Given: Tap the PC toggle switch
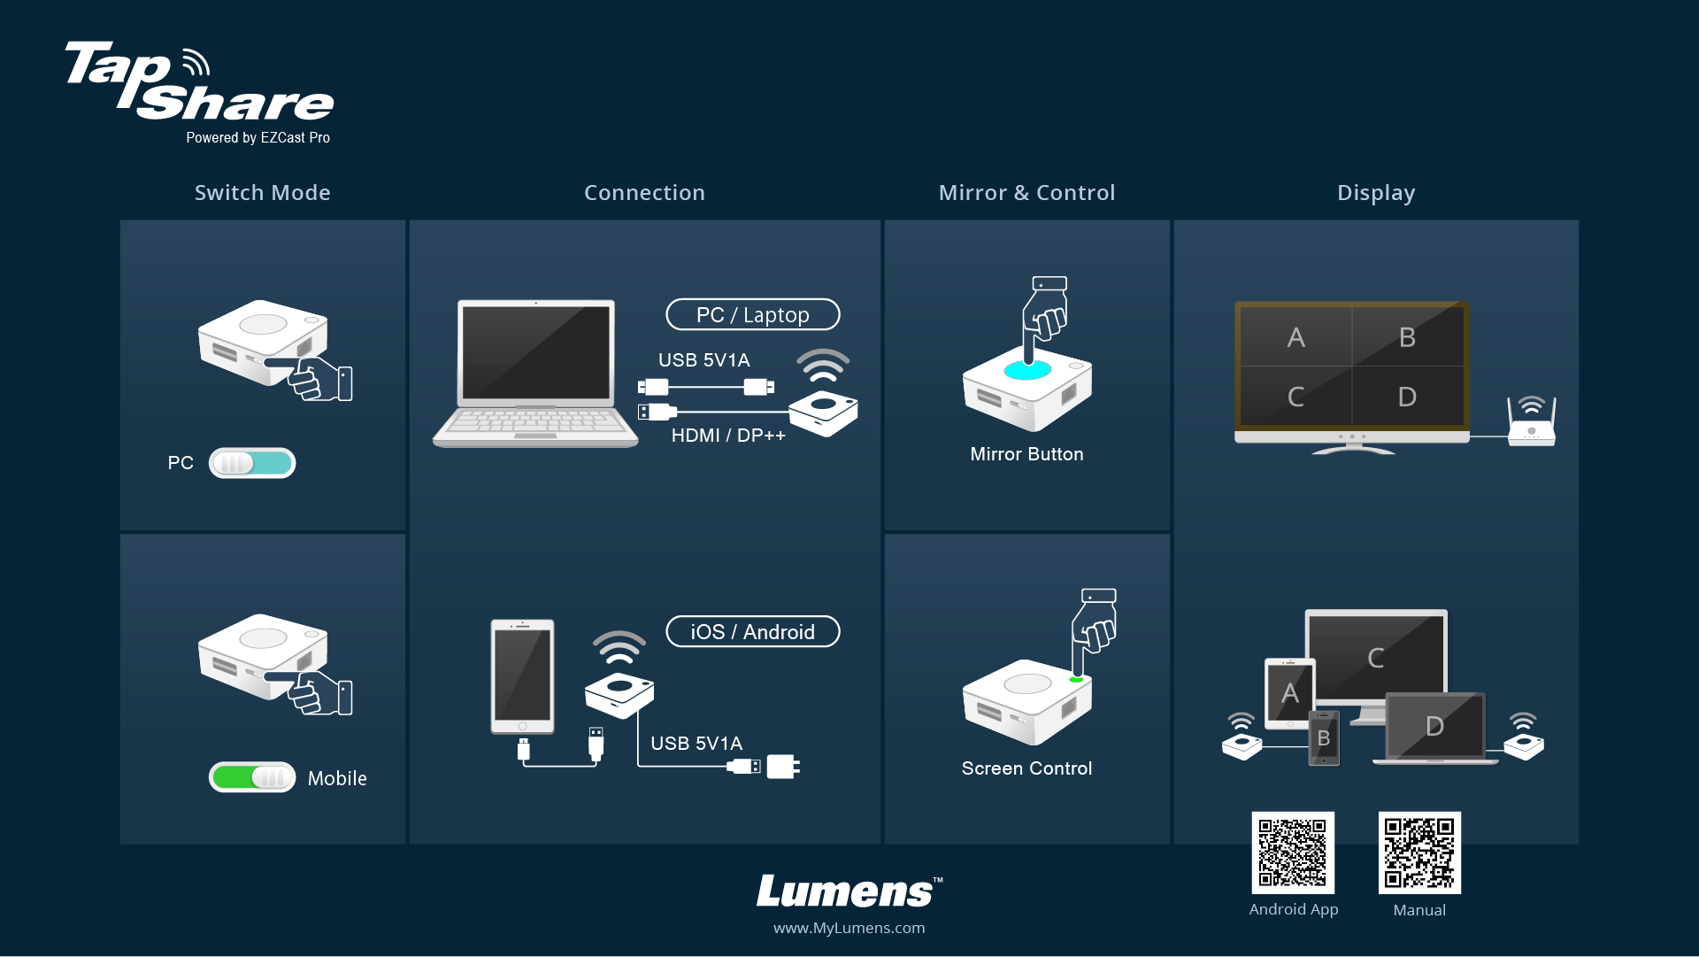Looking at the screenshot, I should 252,463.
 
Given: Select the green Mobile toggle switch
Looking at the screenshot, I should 252,777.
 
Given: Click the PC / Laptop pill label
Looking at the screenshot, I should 752,315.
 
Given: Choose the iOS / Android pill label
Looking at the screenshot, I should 752,632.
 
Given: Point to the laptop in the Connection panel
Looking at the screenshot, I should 534,373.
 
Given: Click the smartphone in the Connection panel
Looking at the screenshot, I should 522,676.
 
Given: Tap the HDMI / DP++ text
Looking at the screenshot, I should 728,436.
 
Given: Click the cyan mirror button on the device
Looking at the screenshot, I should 1027,369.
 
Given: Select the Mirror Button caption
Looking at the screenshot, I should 1026,454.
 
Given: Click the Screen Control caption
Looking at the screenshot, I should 1026,768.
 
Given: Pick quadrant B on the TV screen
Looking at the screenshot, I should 1407,337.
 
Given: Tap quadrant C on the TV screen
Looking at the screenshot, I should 1295,397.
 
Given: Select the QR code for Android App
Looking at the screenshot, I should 1293,853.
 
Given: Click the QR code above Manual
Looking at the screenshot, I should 1419,853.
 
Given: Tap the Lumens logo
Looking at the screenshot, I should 849,891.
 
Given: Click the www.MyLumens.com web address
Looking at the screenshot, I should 849,928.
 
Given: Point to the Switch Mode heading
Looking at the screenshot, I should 263,193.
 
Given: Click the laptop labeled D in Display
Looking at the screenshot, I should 1434,728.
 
